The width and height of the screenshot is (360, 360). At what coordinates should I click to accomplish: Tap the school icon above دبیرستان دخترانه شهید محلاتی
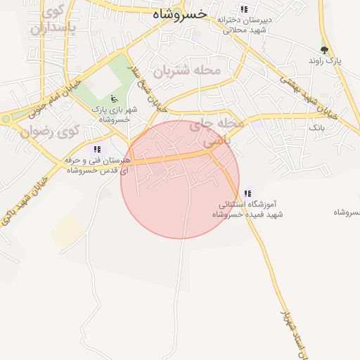click(x=244, y=10)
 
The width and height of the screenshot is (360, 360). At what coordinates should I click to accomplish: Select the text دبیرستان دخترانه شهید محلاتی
click(x=243, y=25)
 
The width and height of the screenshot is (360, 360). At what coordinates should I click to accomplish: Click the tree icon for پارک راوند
click(x=324, y=50)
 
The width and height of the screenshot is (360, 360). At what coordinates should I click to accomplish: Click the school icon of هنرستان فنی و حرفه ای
click(x=97, y=149)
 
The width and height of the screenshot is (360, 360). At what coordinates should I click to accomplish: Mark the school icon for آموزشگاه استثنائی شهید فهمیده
click(x=247, y=193)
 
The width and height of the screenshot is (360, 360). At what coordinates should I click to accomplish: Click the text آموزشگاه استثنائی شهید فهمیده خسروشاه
click(x=250, y=210)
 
